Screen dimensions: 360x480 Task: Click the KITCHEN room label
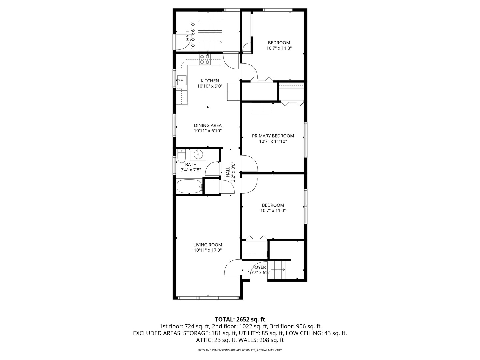[x=210, y=81]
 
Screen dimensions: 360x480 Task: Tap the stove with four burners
[x=204, y=59]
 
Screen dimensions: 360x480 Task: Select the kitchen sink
[x=182, y=80]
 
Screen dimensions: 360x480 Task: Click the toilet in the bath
[x=181, y=156]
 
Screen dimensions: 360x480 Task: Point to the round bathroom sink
[x=199, y=154]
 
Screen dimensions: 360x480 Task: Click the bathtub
[x=189, y=186]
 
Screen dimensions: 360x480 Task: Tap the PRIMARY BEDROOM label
[x=273, y=136]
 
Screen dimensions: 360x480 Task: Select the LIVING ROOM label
[x=208, y=245]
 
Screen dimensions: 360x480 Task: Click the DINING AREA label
[x=208, y=125]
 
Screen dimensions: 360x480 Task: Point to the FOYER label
[x=259, y=267]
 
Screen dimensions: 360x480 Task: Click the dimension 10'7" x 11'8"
[x=279, y=48]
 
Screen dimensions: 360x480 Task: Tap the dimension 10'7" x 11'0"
[x=273, y=210]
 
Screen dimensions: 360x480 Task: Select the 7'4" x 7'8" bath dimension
[x=191, y=170]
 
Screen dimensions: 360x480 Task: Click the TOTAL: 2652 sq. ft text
[x=240, y=319]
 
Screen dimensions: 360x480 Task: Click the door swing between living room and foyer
[x=232, y=267]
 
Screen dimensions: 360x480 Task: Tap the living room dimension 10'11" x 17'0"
[x=208, y=250]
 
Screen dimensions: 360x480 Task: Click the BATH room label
[x=191, y=164]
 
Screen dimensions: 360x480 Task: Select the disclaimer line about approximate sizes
[x=240, y=350]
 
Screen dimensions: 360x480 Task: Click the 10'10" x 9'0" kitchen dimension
[x=210, y=86]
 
